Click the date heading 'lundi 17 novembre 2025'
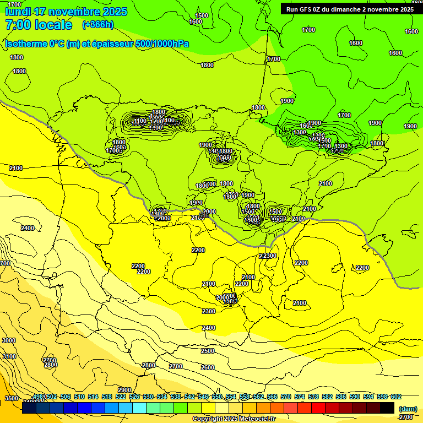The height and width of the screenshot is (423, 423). [66, 12]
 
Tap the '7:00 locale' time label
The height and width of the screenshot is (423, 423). [39, 25]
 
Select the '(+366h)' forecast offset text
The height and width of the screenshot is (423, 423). [97, 25]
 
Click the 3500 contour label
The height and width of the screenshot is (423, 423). [12, 398]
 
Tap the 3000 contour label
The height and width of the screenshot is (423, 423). [9, 341]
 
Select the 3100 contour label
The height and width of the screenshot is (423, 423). [9, 356]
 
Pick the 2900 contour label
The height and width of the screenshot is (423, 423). [124, 390]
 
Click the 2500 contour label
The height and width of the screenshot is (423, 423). [207, 351]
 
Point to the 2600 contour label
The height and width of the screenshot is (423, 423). [207, 367]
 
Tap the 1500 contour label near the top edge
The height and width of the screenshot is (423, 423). [202, 15]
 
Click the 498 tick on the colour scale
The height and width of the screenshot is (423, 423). [39, 397]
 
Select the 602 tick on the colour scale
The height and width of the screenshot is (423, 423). [395, 397]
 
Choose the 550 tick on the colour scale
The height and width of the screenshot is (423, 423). [217, 397]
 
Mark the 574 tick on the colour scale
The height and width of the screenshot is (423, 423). [300, 397]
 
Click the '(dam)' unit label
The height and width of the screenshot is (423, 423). [407, 409]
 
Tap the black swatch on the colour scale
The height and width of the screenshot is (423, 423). [387, 408]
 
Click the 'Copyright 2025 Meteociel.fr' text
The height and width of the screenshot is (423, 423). [234, 419]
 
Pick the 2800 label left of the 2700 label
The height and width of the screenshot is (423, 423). [51, 365]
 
